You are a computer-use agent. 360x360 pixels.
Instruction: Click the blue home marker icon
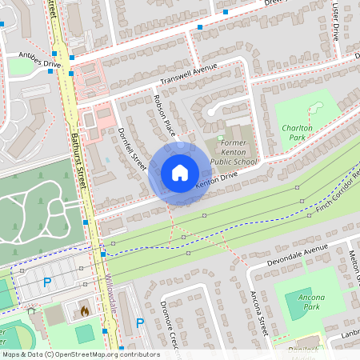click(x=179, y=173)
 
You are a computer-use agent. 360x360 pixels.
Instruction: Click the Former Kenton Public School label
click(x=234, y=152)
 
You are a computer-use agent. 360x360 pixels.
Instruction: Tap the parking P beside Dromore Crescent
click(x=140, y=323)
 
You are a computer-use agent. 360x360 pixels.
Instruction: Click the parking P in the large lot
click(x=46, y=282)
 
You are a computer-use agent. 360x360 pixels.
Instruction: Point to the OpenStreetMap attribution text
click(x=80, y=354)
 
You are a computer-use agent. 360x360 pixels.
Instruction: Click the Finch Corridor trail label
click(x=328, y=187)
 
